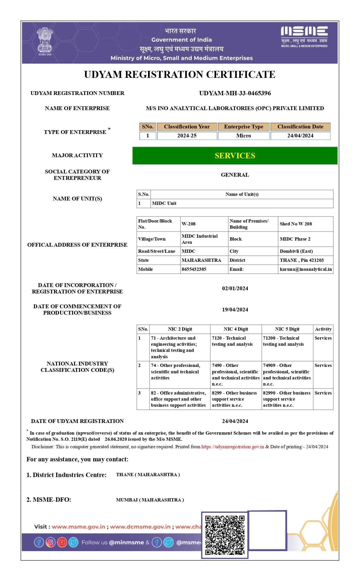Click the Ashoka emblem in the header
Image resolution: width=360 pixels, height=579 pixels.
45,42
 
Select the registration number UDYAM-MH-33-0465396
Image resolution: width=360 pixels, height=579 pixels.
235,93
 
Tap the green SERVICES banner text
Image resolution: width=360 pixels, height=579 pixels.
235,156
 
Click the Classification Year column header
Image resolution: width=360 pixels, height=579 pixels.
187,127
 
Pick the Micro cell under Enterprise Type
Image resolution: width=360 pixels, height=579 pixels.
244,136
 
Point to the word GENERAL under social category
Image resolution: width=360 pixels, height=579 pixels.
235,175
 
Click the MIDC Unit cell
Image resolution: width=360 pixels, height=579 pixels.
164,203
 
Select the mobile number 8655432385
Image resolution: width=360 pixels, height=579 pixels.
194,269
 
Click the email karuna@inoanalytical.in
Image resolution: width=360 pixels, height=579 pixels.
305,269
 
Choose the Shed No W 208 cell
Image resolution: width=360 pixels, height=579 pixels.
296,224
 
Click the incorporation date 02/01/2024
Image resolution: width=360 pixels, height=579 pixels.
235,288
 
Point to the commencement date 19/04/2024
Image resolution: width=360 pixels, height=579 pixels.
235,310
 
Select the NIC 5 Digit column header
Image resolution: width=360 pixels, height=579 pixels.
287,329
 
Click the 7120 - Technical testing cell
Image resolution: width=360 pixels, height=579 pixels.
232,341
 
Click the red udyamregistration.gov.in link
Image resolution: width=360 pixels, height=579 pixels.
233,447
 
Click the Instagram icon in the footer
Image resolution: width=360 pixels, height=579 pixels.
51,542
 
